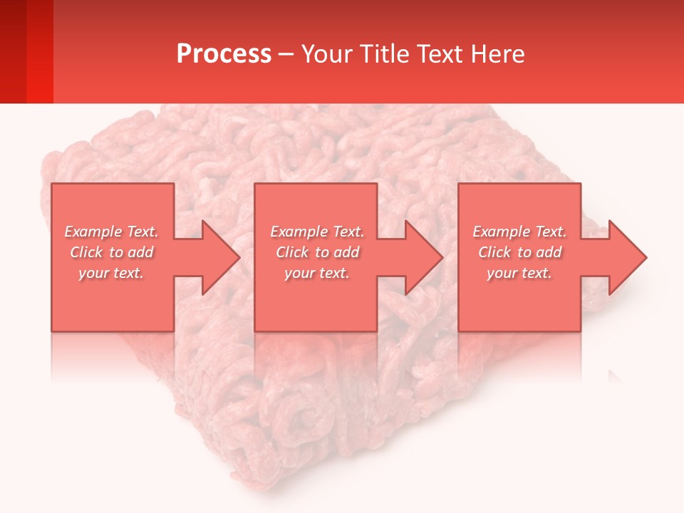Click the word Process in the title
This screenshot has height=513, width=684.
[x=224, y=54]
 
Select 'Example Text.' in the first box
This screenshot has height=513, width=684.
[x=112, y=232]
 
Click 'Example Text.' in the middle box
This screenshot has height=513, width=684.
[x=317, y=232]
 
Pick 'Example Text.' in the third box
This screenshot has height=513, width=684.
[x=519, y=232]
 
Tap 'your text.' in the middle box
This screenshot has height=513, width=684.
[x=316, y=273]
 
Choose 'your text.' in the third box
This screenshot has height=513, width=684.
[x=519, y=273]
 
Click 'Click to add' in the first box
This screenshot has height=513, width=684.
[x=112, y=252]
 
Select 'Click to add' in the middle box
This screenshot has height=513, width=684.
[x=317, y=252]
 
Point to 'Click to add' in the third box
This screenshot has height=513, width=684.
[x=519, y=252]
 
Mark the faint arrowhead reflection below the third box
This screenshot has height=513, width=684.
[x=614, y=375]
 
